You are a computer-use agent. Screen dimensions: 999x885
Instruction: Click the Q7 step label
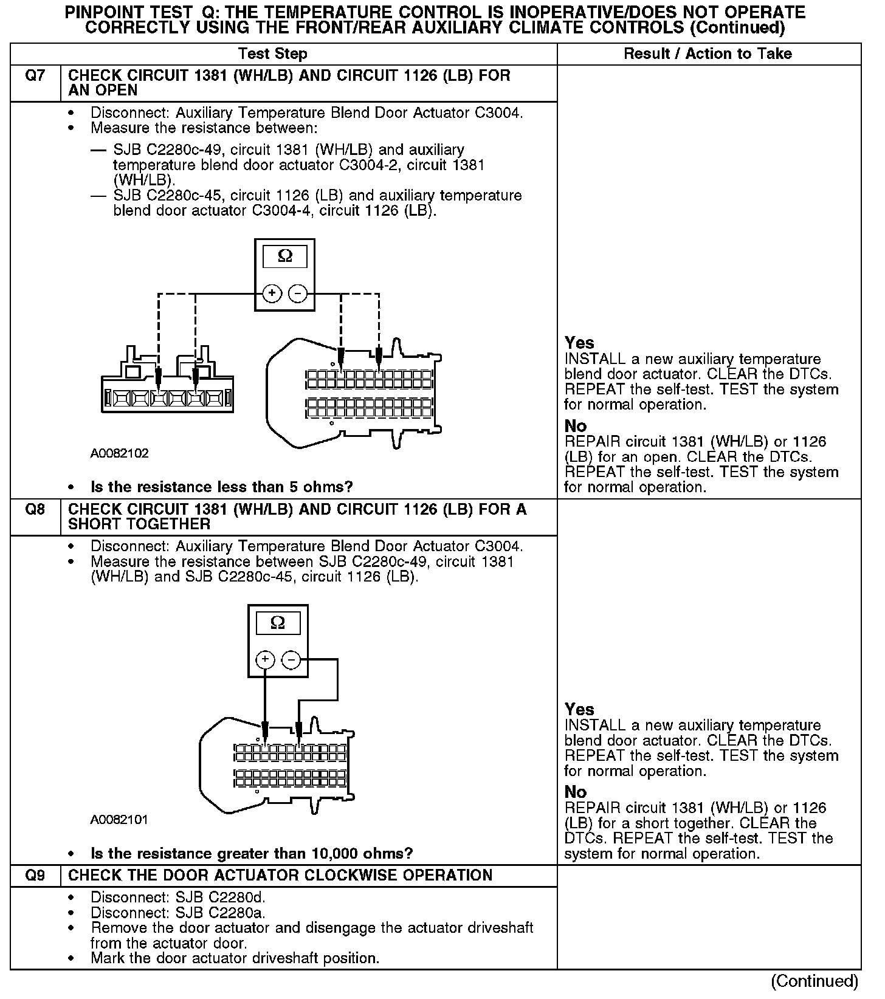click(35, 77)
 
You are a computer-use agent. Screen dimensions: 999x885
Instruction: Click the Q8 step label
click(35, 510)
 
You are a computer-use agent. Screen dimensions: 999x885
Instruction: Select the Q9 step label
click(35, 876)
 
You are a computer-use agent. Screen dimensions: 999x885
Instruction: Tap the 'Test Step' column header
click(272, 53)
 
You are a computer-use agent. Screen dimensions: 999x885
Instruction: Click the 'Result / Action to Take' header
click(708, 53)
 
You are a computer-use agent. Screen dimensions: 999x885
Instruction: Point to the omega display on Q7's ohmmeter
click(284, 257)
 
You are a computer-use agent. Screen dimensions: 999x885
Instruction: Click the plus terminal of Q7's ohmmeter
click(272, 294)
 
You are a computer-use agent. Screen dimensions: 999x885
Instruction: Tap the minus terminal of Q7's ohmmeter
click(297, 294)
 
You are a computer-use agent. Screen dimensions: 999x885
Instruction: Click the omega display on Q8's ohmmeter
click(278, 623)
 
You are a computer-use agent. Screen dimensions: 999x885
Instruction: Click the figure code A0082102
click(119, 453)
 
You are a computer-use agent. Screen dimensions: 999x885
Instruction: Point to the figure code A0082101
click(119, 819)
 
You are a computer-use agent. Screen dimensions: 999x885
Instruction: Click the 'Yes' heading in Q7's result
click(579, 343)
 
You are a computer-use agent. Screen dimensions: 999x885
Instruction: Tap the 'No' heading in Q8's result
click(575, 792)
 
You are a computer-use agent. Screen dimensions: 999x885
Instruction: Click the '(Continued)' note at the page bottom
click(814, 981)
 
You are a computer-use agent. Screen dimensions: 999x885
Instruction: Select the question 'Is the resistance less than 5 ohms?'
click(222, 487)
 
